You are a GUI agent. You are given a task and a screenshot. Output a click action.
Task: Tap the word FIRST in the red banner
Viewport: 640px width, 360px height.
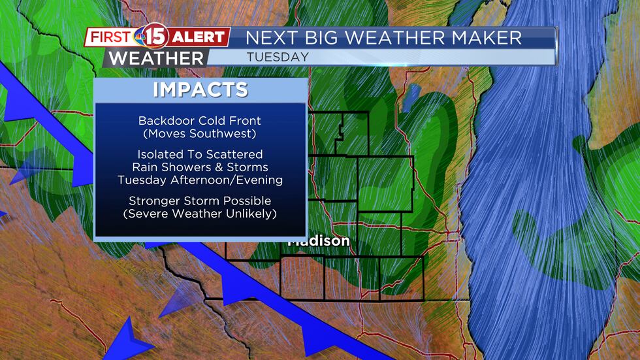click(110, 37)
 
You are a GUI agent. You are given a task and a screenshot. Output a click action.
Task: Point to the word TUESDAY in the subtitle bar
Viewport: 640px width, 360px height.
click(278, 57)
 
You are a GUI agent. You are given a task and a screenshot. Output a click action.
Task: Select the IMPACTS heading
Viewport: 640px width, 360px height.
click(200, 90)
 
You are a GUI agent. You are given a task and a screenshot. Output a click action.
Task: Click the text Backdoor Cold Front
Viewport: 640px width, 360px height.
click(200, 121)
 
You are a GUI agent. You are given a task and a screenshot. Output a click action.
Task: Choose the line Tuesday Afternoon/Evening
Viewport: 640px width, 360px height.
click(200, 180)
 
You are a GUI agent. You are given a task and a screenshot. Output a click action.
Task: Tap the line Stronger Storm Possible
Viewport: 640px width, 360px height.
click(200, 201)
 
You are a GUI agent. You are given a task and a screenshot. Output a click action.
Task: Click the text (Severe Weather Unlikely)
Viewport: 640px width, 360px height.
click(200, 213)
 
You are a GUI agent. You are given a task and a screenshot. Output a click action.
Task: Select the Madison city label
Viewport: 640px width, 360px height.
click(320, 241)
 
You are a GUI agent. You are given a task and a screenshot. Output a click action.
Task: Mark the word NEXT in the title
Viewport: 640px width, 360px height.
click(266, 37)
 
